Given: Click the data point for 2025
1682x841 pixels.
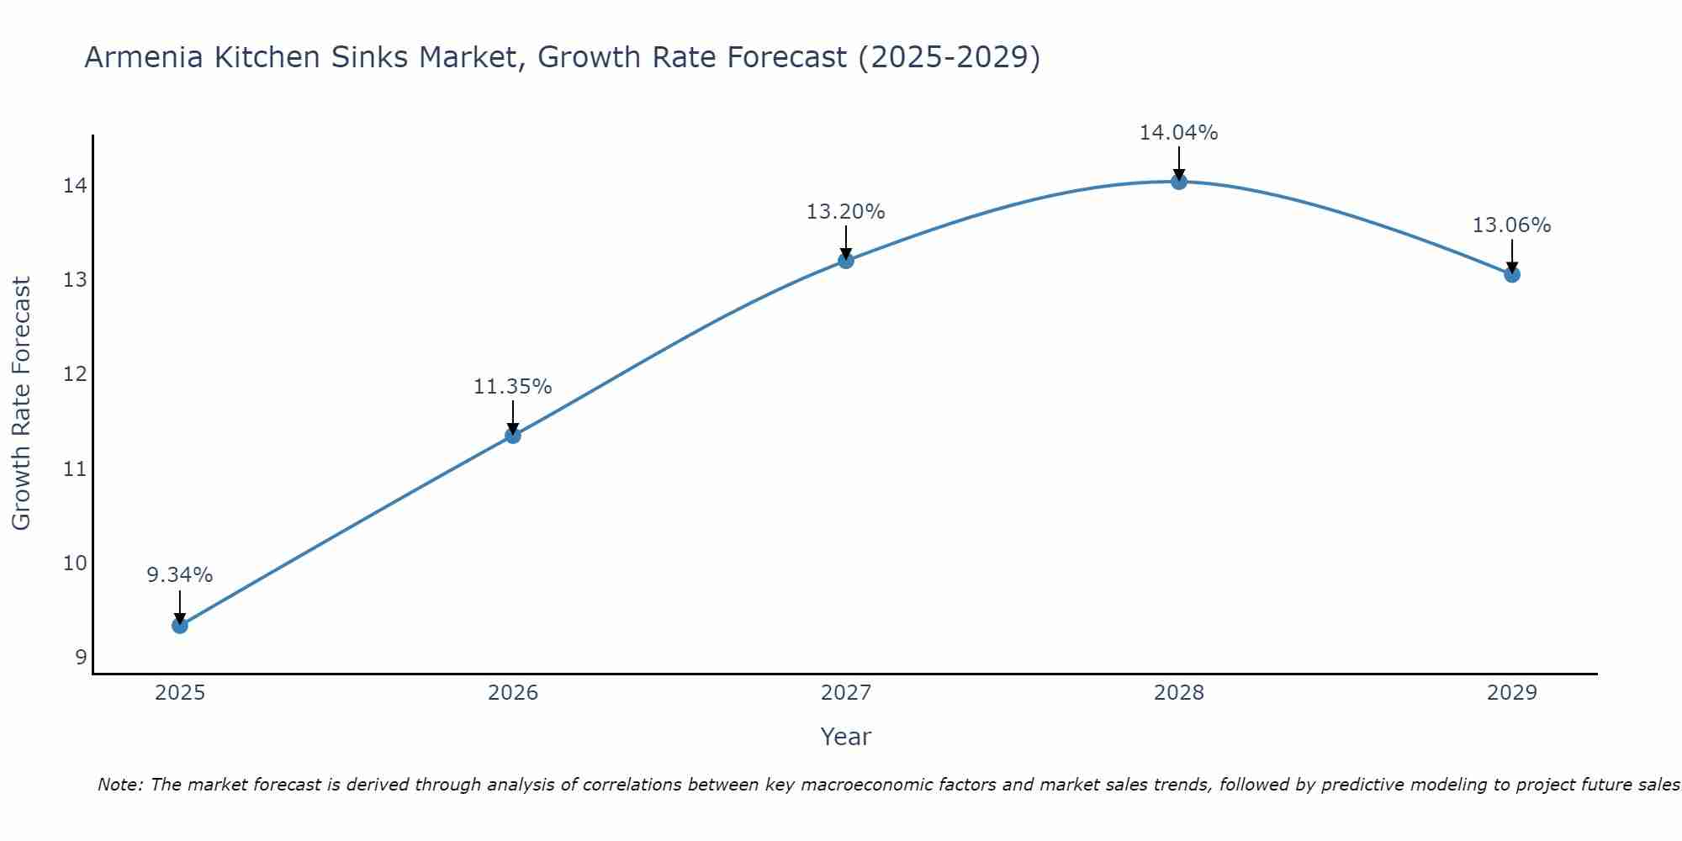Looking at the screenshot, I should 179,626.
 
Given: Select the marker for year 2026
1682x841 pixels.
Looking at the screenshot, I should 512,436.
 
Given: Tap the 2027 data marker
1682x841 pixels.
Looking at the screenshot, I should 845,261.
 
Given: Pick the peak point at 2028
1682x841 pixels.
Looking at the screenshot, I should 1178,182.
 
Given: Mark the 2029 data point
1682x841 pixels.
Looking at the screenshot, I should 1511,274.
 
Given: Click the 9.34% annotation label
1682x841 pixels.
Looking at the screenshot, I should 179,575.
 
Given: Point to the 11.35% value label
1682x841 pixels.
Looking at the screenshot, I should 512,387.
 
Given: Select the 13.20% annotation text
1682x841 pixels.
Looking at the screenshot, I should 845,212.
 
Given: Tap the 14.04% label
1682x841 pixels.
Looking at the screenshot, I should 1178,133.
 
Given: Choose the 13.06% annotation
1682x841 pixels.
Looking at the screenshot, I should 1511,225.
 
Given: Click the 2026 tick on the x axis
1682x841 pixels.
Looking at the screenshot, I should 512,693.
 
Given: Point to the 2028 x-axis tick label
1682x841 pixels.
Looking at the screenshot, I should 1178,693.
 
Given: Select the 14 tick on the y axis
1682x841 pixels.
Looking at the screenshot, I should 75,185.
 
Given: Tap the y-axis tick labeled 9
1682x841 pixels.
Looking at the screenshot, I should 81,658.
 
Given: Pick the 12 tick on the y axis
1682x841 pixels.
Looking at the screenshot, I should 75,374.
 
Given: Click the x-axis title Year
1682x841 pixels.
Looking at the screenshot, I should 845,737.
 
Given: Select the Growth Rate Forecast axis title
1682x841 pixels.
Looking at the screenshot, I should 21,404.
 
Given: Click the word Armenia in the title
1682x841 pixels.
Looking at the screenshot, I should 144,58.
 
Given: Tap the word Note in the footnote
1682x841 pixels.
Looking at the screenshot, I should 120,785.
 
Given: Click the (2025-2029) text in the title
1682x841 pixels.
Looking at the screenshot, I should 948,58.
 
